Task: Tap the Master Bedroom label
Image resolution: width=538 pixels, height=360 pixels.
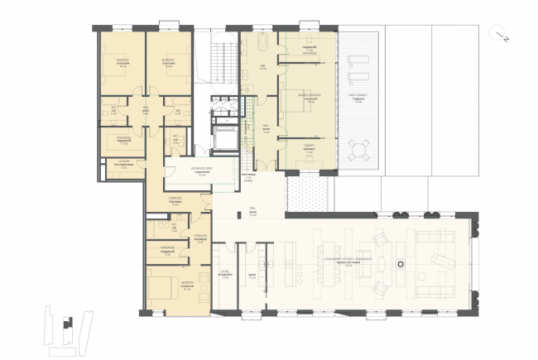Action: click(308, 97)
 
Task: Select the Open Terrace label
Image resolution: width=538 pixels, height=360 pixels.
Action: click(358, 99)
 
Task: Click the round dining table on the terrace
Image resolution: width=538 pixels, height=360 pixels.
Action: click(358, 150)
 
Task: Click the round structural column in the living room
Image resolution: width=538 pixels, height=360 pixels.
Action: click(401, 264)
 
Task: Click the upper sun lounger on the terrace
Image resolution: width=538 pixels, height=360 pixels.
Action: click(358, 60)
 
